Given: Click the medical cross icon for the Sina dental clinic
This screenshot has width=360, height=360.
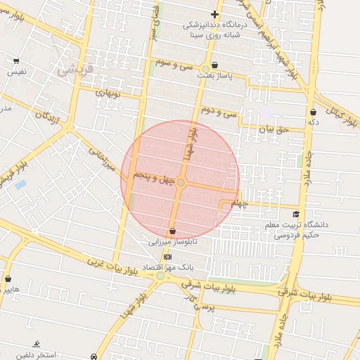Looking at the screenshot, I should [214, 14].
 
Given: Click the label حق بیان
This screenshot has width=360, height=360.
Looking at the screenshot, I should [274, 130].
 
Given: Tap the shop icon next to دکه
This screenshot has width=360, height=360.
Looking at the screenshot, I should [312, 112].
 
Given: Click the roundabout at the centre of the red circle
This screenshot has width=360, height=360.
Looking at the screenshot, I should [181, 183].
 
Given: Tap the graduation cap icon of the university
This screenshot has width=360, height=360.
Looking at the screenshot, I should [296, 214].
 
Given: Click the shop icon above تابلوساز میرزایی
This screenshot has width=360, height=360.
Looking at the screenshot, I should [172, 231].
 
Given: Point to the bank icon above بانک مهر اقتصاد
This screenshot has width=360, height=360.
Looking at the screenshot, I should [167, 257].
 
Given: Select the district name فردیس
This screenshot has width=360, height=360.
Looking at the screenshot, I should [70, 69].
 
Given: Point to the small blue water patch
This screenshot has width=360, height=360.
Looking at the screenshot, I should [20, 185].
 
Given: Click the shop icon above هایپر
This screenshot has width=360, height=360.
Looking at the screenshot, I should [8, 278].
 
